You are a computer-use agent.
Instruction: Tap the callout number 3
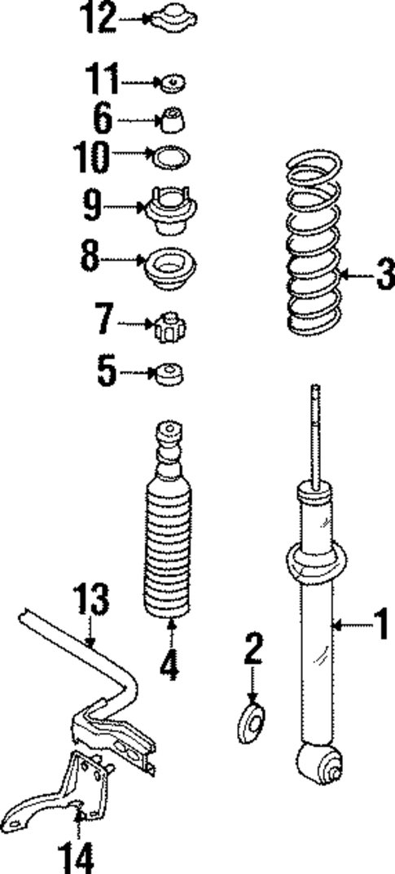(x=383, y=274)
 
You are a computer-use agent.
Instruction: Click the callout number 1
(x=380, y=627)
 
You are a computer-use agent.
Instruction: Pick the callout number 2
(x=253, y=650)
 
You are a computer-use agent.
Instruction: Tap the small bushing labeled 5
(x=169, y=375)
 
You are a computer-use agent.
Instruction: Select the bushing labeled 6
(x=171, y=121)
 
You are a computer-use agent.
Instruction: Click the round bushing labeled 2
(x=253, y=722)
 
